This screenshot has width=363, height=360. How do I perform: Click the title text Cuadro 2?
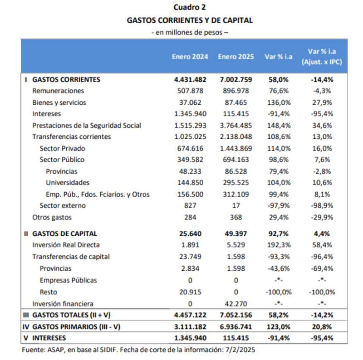(x=190, y=7)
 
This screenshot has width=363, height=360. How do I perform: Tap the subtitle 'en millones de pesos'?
(x=190, y=32)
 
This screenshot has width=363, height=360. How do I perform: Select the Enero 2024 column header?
(x=190, y=57)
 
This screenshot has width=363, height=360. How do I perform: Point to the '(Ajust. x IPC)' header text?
(x=321, y=62)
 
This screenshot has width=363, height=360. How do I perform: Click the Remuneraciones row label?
(x=58, y=91)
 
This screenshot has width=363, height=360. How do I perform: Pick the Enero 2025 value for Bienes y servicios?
(x=235, y=102)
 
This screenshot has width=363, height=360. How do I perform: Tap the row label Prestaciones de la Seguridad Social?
(x=87, y=125)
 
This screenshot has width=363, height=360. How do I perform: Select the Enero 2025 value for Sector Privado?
(x=235, y=148)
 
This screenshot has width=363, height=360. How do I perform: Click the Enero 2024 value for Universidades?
(x=190, y=183)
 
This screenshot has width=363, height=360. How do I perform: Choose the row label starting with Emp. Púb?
(x=98, y=194)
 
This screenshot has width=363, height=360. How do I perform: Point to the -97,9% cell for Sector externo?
(x=278, y=205)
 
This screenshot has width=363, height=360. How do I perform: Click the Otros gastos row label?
(x=52, y=217)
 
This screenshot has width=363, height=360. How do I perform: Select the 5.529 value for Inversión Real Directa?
(x=235, y=245)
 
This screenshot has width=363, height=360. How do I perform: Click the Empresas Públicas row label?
(x=68, y=280)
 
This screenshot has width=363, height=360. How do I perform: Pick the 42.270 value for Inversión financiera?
(x=235, y=303)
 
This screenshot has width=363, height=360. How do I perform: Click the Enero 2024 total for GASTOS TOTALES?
(x=190, y=315)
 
